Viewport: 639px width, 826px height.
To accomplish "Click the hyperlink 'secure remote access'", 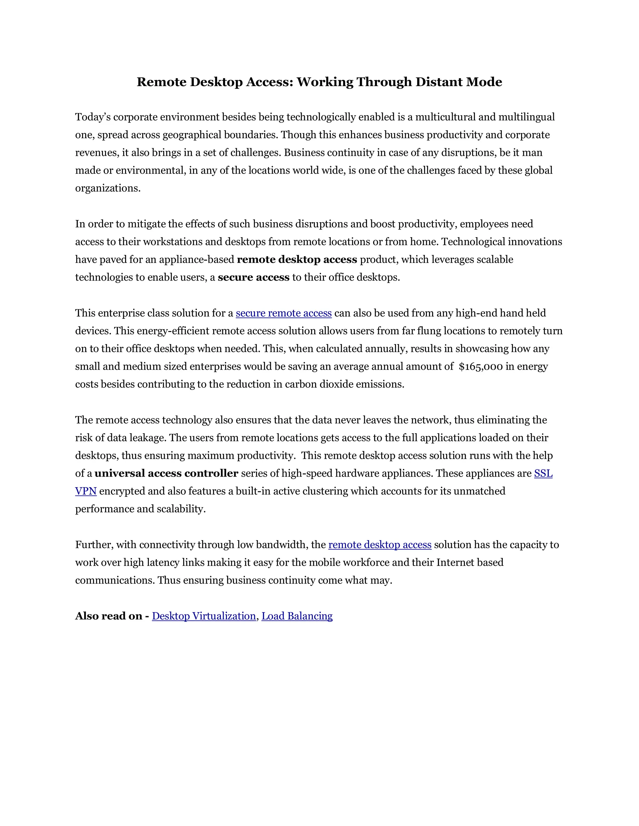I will [284, 313].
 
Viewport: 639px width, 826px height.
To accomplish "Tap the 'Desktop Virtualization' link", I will [204, 616].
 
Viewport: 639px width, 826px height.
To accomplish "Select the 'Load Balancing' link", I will [297, 616].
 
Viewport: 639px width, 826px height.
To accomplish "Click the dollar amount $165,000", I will [480, 367].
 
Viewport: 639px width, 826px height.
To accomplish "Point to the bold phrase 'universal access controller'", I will [166, 473].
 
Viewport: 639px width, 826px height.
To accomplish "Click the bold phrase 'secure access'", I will [253, 278].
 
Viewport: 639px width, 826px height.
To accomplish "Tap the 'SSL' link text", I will [543, 473].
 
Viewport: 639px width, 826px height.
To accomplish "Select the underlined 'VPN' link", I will [86, 491].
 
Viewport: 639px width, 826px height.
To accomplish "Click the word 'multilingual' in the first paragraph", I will [526, 117].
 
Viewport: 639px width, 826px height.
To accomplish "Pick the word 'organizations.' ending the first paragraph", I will [108, 188].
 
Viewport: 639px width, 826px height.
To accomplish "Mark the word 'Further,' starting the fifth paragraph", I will [94, 545].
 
